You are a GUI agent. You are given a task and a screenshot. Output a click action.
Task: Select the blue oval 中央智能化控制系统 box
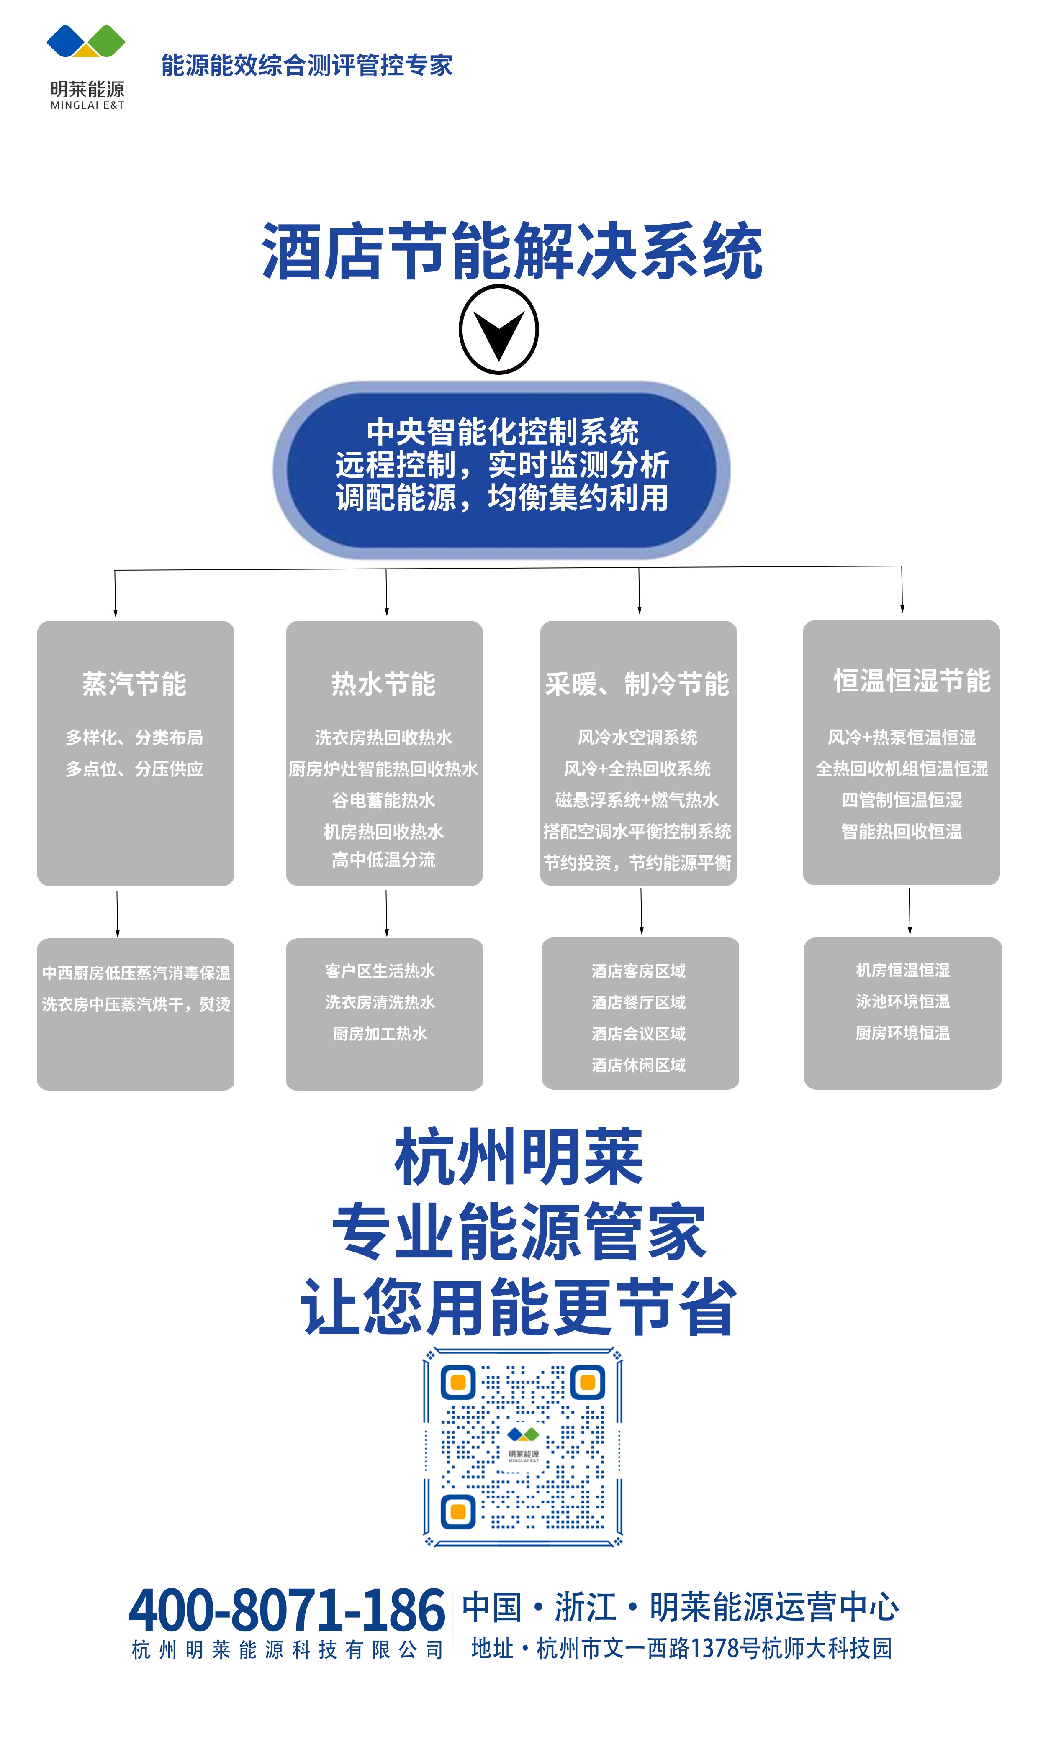[501, 469]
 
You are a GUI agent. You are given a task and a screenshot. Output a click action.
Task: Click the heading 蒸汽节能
[134, 684]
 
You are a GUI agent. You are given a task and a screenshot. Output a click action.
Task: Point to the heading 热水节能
[383, 684]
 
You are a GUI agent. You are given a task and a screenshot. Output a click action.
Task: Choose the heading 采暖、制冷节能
[637, 684]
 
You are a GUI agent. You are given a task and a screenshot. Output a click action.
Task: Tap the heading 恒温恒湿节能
[912, 680]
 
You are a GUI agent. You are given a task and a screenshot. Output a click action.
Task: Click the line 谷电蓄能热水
[383, 800]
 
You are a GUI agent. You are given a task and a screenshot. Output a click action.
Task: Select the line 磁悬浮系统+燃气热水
[637, 800]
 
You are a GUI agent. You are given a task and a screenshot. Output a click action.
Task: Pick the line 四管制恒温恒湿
[902, 800]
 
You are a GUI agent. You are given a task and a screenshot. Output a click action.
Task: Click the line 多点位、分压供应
[134, 769]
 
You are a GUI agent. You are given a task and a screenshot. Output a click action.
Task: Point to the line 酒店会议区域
[639, 1033]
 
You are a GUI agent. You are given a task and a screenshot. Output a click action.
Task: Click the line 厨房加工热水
[380, 1033]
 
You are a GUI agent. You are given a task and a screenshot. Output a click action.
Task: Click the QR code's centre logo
[523, 1444]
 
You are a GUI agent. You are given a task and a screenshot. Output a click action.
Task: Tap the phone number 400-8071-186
[287, 1610]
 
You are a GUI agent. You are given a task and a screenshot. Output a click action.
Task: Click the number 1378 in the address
[714, 1649]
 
